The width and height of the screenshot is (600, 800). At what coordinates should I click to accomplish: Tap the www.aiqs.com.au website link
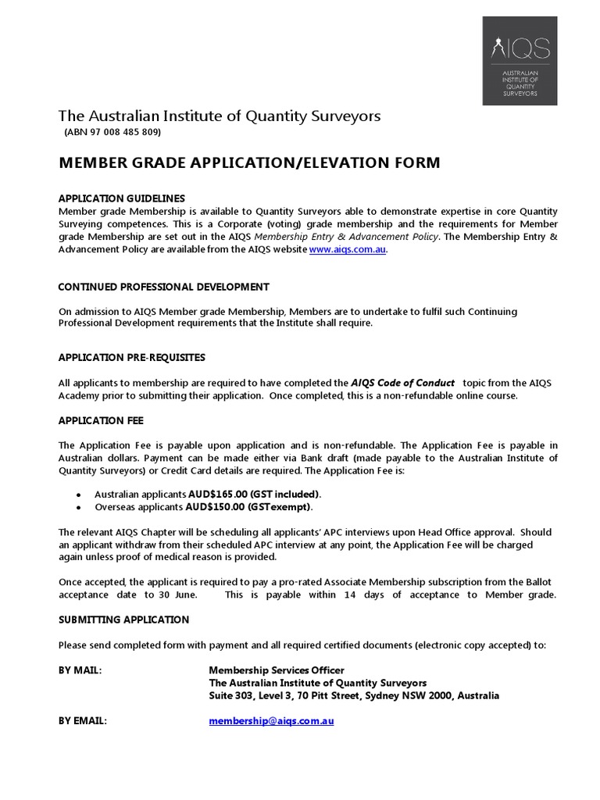[x=347, y=250]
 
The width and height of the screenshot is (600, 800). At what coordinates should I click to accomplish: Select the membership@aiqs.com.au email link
[x=271, y=721]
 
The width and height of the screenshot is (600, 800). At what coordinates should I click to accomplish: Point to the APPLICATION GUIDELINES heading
[x=123, y=198]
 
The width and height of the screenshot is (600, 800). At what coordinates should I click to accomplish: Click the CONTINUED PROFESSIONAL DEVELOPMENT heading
[x=164, y=287]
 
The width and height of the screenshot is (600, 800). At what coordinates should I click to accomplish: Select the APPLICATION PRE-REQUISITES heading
[x=132, y=357]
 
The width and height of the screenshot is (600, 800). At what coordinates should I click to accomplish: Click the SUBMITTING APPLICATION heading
[x=124, y=620]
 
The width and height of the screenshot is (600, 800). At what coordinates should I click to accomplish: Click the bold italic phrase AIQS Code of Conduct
[x=402, y=383]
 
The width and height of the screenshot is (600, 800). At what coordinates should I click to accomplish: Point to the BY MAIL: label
[x=80, y=670]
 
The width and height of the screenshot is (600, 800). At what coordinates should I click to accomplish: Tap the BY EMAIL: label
[x=83, y=721]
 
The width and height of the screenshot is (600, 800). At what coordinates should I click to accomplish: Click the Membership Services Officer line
[x=276, y=670]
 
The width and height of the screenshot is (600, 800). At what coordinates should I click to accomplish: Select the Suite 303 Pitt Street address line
[x=354, y=695]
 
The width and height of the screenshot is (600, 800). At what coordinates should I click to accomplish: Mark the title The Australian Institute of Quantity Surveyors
[x=220, y=116]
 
